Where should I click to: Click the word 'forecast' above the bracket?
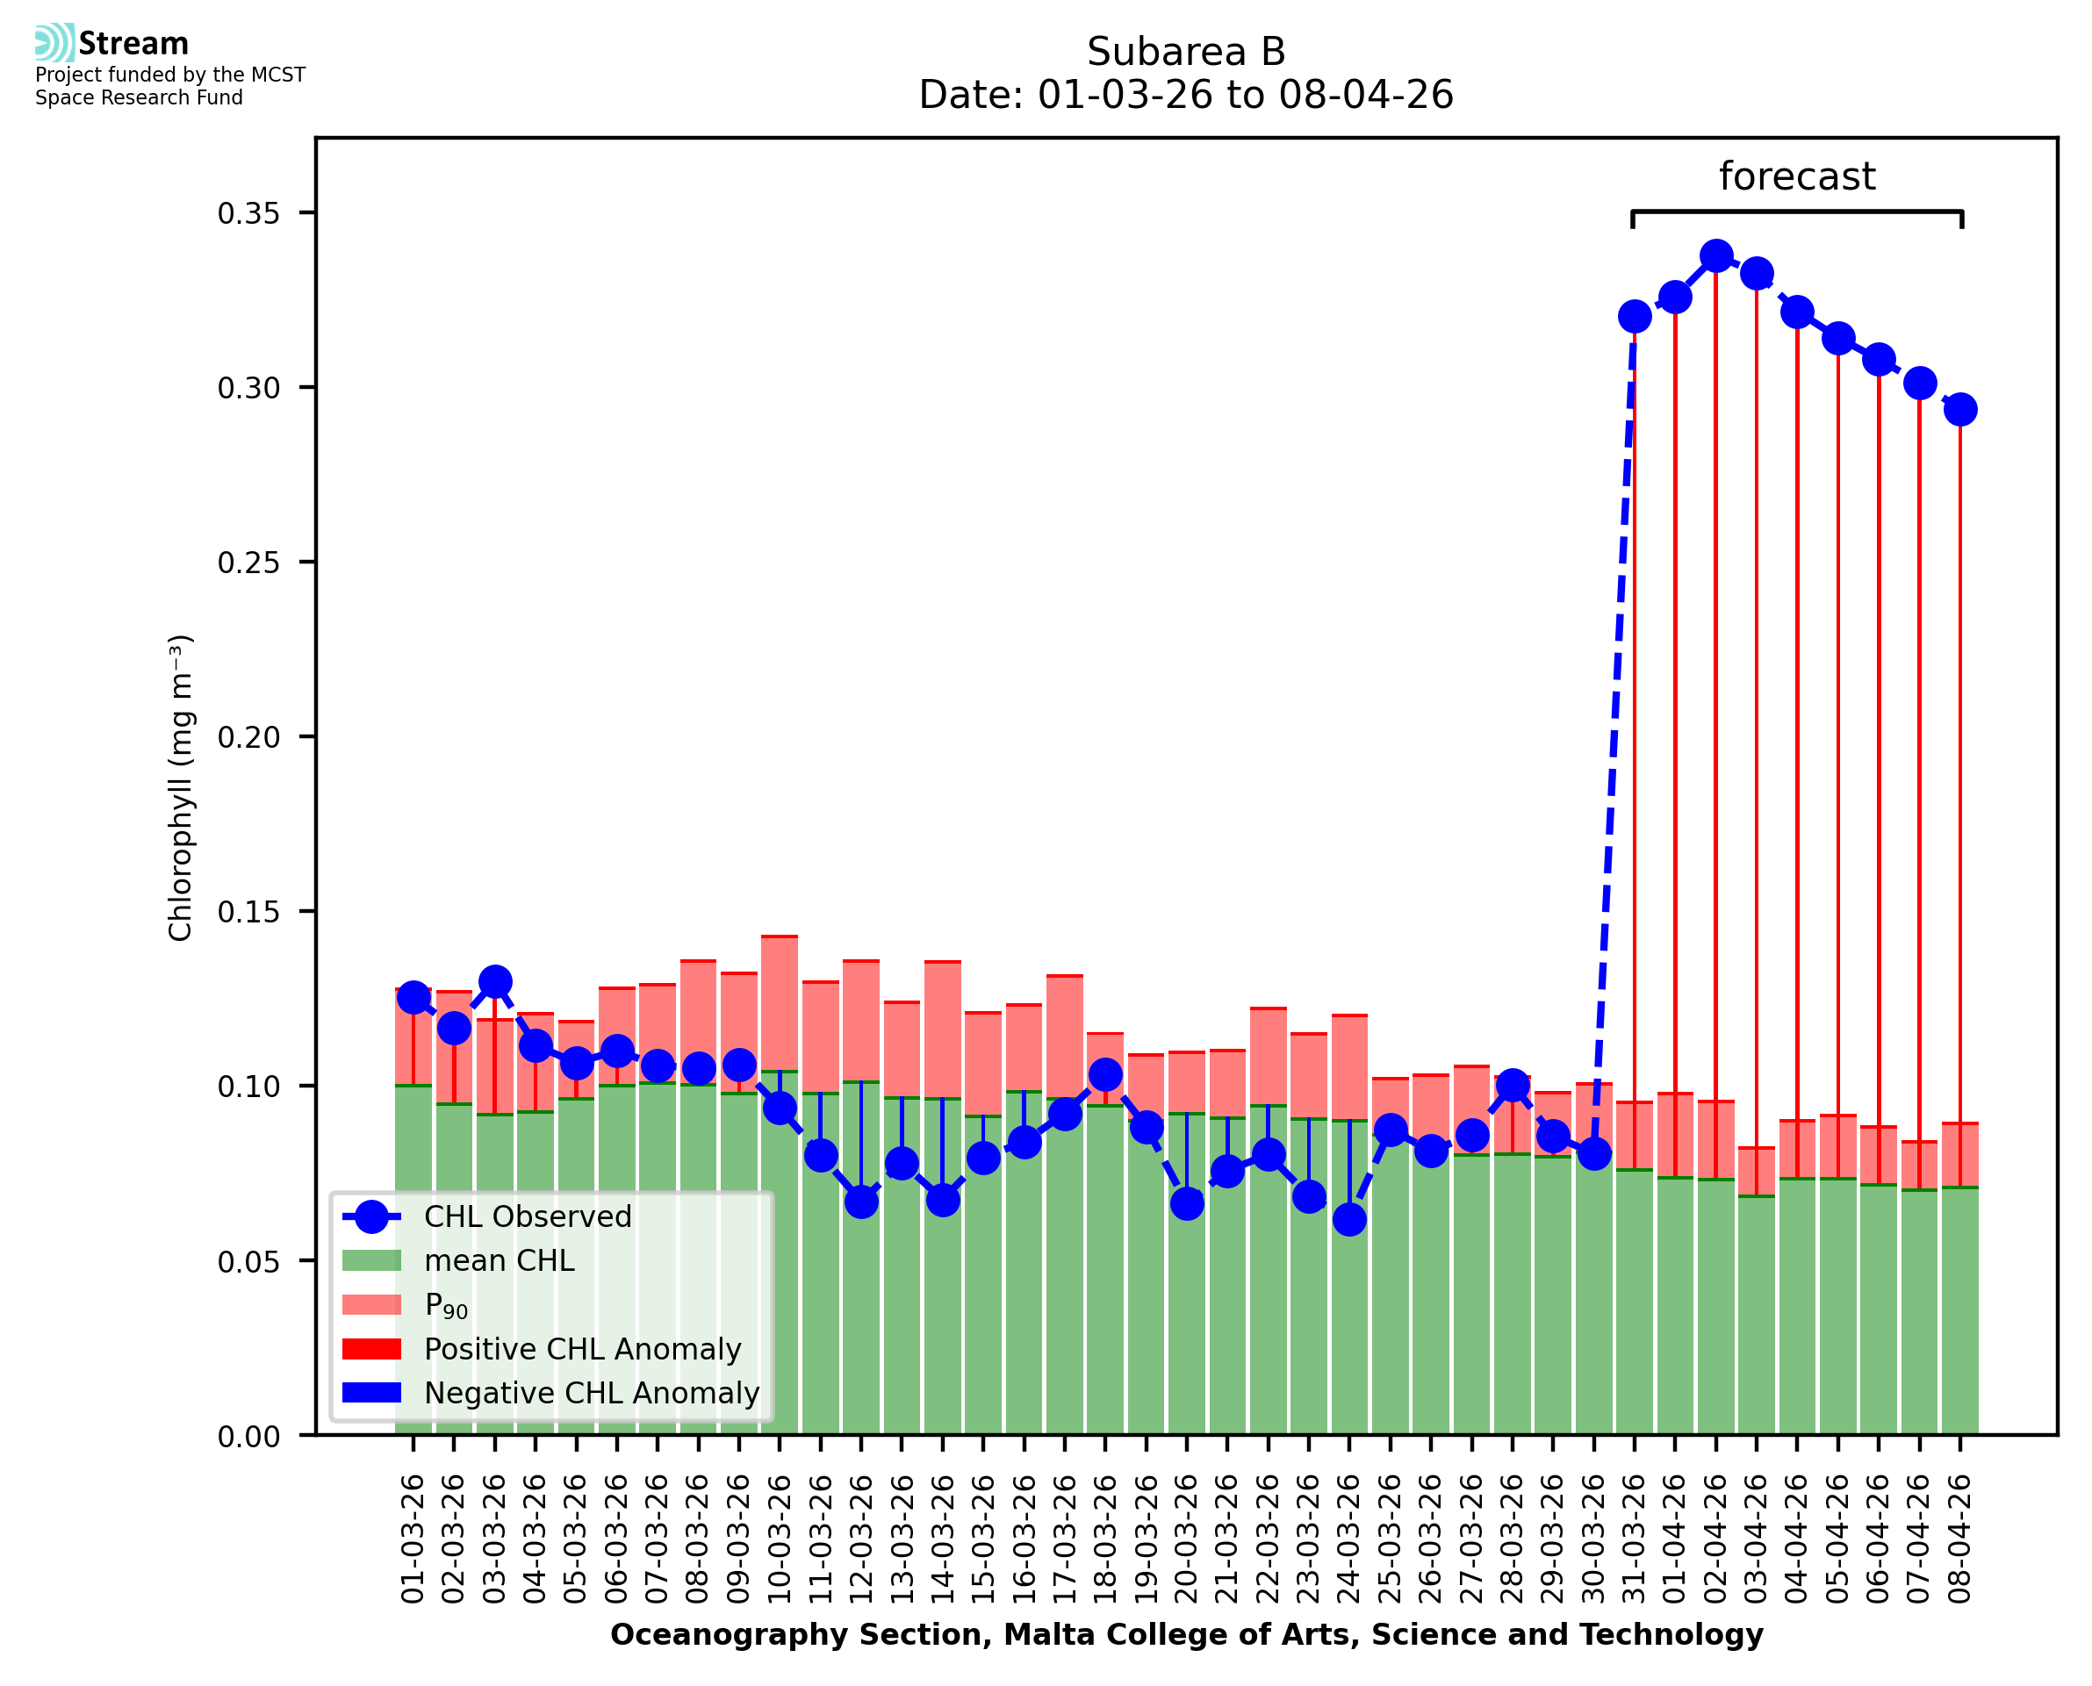point(1796,176)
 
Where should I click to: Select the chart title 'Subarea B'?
point(1185,52)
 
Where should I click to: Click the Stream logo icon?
point(54,43)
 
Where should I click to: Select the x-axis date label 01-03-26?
point(413,1539)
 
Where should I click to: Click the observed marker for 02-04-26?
point(1715,256)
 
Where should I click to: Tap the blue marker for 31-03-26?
point(1634,317)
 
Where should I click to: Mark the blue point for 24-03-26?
point(1349,1219)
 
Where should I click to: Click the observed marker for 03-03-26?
point(494,982)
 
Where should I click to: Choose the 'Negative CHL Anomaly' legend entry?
point(591,1393)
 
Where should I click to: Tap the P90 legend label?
point(446,1305)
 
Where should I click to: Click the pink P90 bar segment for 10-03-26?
point(779,1003)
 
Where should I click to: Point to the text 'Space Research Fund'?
point(139,98)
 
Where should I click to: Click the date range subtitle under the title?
point(1185,95)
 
